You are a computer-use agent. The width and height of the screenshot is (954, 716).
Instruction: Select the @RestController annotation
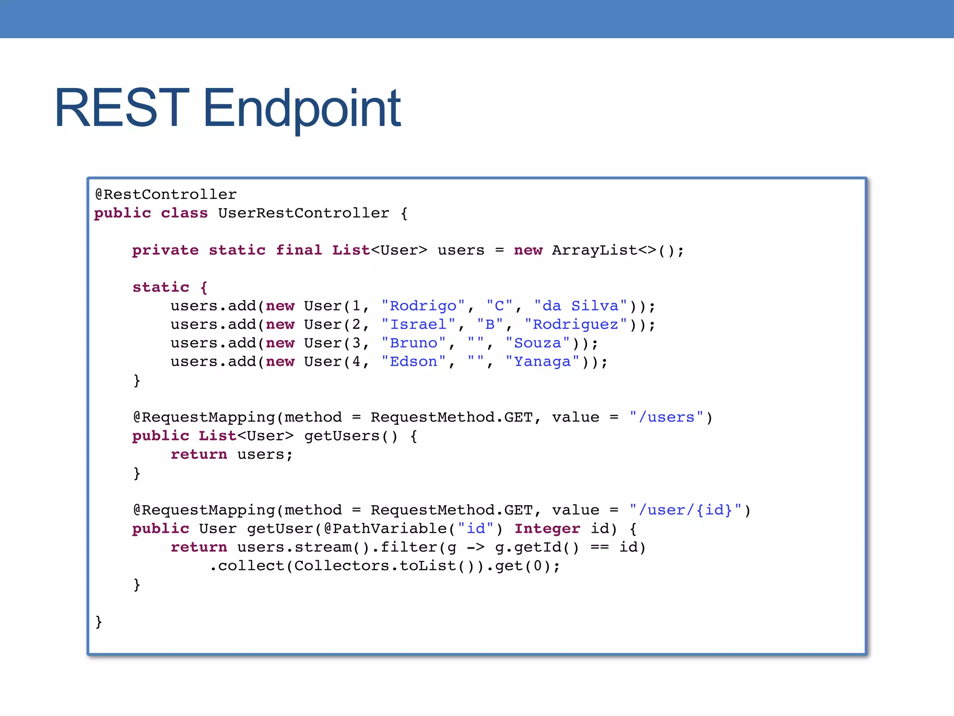click(x=166, y=194)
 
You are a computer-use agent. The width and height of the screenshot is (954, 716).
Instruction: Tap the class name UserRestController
click(x=304, y=213)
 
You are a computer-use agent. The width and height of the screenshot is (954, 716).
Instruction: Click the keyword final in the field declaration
click(x=299, y=250)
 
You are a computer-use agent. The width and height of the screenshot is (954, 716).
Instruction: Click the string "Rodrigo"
click(x=423, y=306)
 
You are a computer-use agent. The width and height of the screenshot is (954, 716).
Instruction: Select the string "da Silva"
click(x=581, y=306)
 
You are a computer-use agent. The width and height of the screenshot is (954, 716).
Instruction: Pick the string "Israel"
click(x=418, y=324)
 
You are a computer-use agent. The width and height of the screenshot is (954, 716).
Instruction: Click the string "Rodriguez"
click(x=576, y=324)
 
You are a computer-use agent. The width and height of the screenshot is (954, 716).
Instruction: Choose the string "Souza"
click(x=538, y=343)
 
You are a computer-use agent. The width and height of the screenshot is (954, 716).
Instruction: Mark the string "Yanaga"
click(x=542, y=362)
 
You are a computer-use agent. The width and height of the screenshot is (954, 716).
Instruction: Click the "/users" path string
click(x=666, y=417)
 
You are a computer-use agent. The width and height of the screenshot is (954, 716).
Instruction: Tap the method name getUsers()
click(x=351, y=436)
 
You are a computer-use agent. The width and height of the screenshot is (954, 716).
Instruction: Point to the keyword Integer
click(x=547, y=529)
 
